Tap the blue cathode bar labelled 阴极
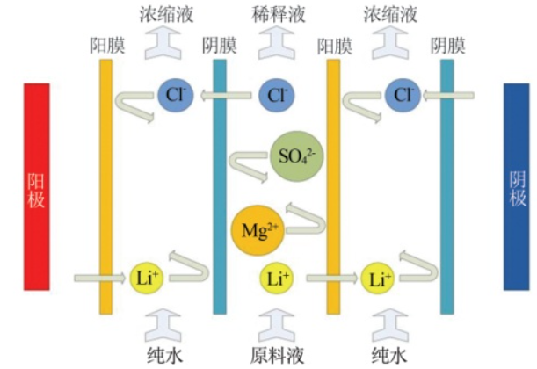(x=517, y=185)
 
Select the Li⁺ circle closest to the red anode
(x=146, y=279)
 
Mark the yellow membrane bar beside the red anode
(x=105, y=185)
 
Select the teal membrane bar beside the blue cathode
(x=447, y=185)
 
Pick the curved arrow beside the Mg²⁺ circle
(x=303, y=220)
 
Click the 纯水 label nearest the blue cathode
(x=389, y=354)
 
